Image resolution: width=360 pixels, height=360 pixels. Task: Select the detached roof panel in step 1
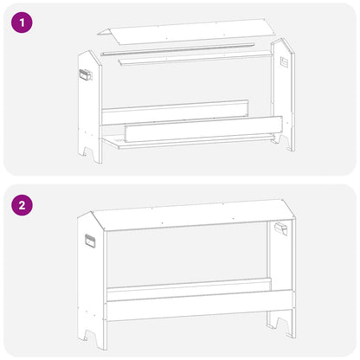point(186,34)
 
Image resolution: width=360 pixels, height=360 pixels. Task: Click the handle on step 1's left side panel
point(84,75)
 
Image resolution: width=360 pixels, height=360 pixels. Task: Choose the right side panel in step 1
point(283,95)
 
